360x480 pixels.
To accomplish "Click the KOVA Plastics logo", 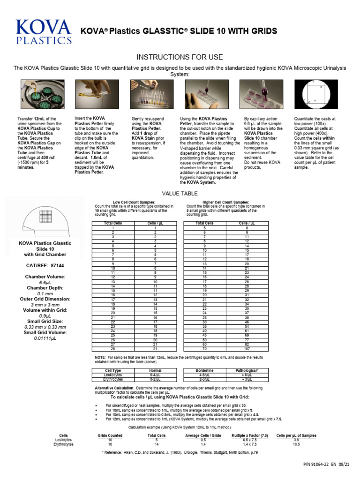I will (x=44, y=32).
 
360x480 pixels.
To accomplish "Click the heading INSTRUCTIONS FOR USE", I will (x=180, y=57).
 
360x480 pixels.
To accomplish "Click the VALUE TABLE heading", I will (x=180, y=193).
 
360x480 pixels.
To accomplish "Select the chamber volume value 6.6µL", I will (x=45, y=283).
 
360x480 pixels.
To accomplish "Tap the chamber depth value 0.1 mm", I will (x=45, y=293).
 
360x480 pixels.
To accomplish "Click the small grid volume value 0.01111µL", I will (x=45, y=337).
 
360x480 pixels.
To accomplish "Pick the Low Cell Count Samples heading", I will (x=134, y=202).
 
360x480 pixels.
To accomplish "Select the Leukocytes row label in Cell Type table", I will (x=113, y=374).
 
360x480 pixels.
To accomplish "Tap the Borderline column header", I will (x=204, y=370).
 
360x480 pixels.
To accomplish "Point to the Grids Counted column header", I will (x=110, y=435).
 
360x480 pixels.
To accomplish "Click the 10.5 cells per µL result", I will (x=296, y=444).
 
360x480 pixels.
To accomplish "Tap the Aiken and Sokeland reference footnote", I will (x=180, y=453).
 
